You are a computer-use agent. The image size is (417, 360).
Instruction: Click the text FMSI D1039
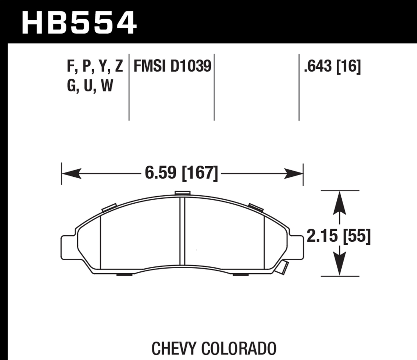coord(172,66)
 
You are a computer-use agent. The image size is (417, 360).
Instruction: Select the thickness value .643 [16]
coord(332,66)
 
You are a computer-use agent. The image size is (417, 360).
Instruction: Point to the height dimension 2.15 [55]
coord(339,236)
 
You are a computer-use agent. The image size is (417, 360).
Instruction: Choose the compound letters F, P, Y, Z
coord(95,67)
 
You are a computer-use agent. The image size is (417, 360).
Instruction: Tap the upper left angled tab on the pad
coord(109,208)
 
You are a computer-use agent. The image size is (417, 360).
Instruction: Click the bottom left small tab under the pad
coord(124,274)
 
